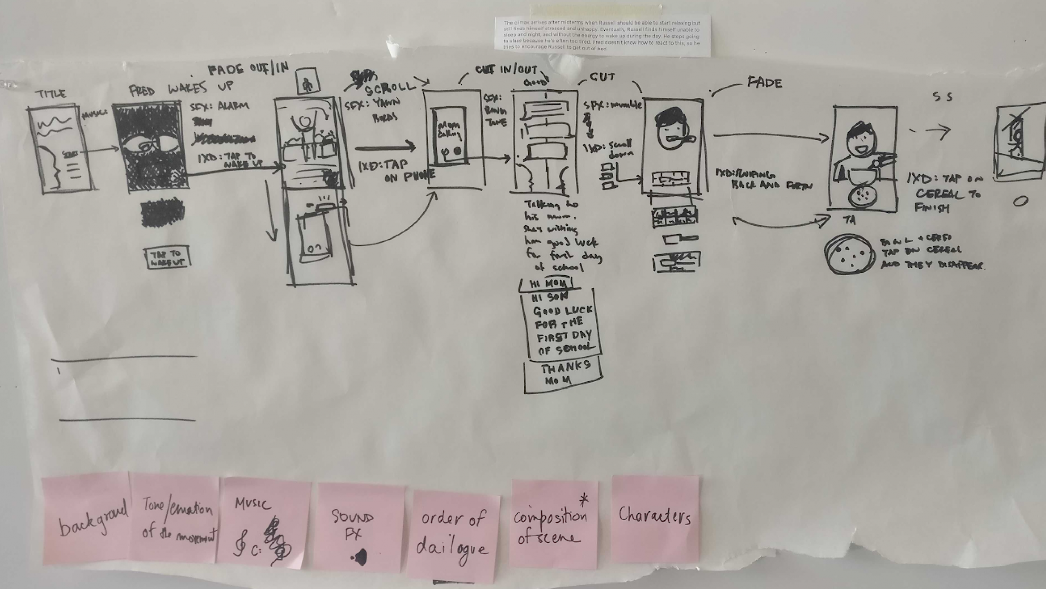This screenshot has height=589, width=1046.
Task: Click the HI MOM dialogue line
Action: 546,283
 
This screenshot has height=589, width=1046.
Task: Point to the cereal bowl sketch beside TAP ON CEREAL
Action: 849,254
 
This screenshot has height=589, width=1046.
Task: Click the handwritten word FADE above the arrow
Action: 764,83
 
